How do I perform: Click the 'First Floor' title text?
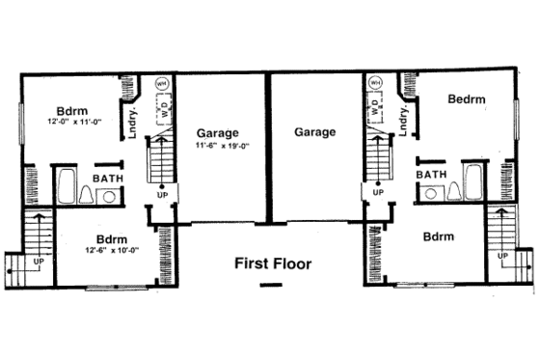point(273,263)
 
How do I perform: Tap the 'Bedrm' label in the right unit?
point(466,99)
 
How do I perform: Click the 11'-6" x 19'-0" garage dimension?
point(223,147)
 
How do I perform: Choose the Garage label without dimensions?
point(315,132)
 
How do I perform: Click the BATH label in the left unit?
point(107,179)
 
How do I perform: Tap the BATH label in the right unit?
point(431,174)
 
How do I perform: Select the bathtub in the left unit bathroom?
point(67,187)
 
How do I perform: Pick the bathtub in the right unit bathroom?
point(472,182)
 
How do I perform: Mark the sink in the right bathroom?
point(428,192)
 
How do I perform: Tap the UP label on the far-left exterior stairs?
point(39,262)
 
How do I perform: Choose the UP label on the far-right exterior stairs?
point(500,258)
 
